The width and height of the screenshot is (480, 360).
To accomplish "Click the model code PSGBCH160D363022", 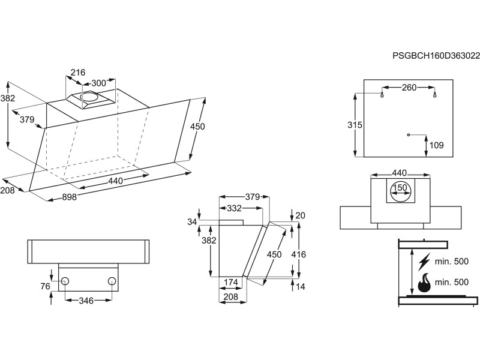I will (x=436, y=56).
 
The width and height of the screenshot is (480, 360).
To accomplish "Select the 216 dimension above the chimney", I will (x=78, y=73).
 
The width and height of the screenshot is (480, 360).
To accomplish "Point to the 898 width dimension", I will (x=70, y=198).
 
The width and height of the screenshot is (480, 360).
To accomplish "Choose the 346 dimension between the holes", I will (x=86, y=300).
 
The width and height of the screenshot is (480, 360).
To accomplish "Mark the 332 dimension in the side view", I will (x=235, y=208).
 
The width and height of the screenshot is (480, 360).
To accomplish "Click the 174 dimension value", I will (x=232, y=282).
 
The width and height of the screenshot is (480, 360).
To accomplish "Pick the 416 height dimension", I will (x=298, y=254).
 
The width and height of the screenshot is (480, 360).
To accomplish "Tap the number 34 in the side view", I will (x=192, y=222).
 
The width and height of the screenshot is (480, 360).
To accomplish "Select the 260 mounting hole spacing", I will (x=409, y=88).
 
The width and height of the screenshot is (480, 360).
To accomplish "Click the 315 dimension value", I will (x=355, y=125).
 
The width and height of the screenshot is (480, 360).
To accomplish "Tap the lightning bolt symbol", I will (x=424, y=262).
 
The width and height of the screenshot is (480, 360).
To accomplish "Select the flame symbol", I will (x=424, y=283).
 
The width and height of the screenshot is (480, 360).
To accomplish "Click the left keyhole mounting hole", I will (x=382, y=93).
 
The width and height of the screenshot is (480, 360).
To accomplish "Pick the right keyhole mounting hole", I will (x=435, y=93).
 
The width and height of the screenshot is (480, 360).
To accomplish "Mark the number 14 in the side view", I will (x=301, y=287).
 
